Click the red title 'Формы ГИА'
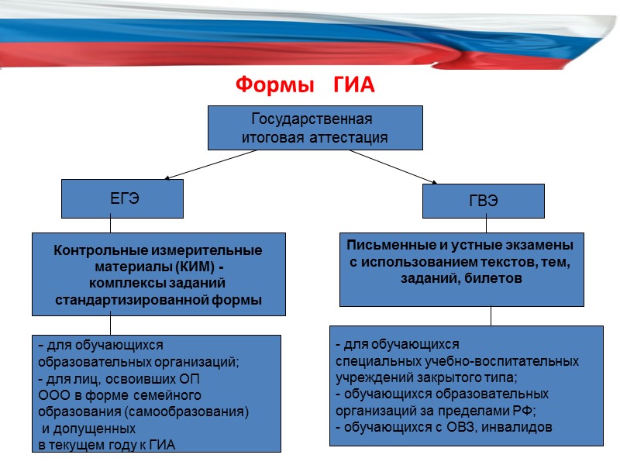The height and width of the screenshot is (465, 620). click(305, 84)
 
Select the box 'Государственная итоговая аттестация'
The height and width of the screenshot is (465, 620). click(315, 128)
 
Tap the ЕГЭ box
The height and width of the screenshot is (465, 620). click(123, 198)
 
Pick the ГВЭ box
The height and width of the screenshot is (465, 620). click(483, 200)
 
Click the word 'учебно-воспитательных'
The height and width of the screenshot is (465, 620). click(515, 361)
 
